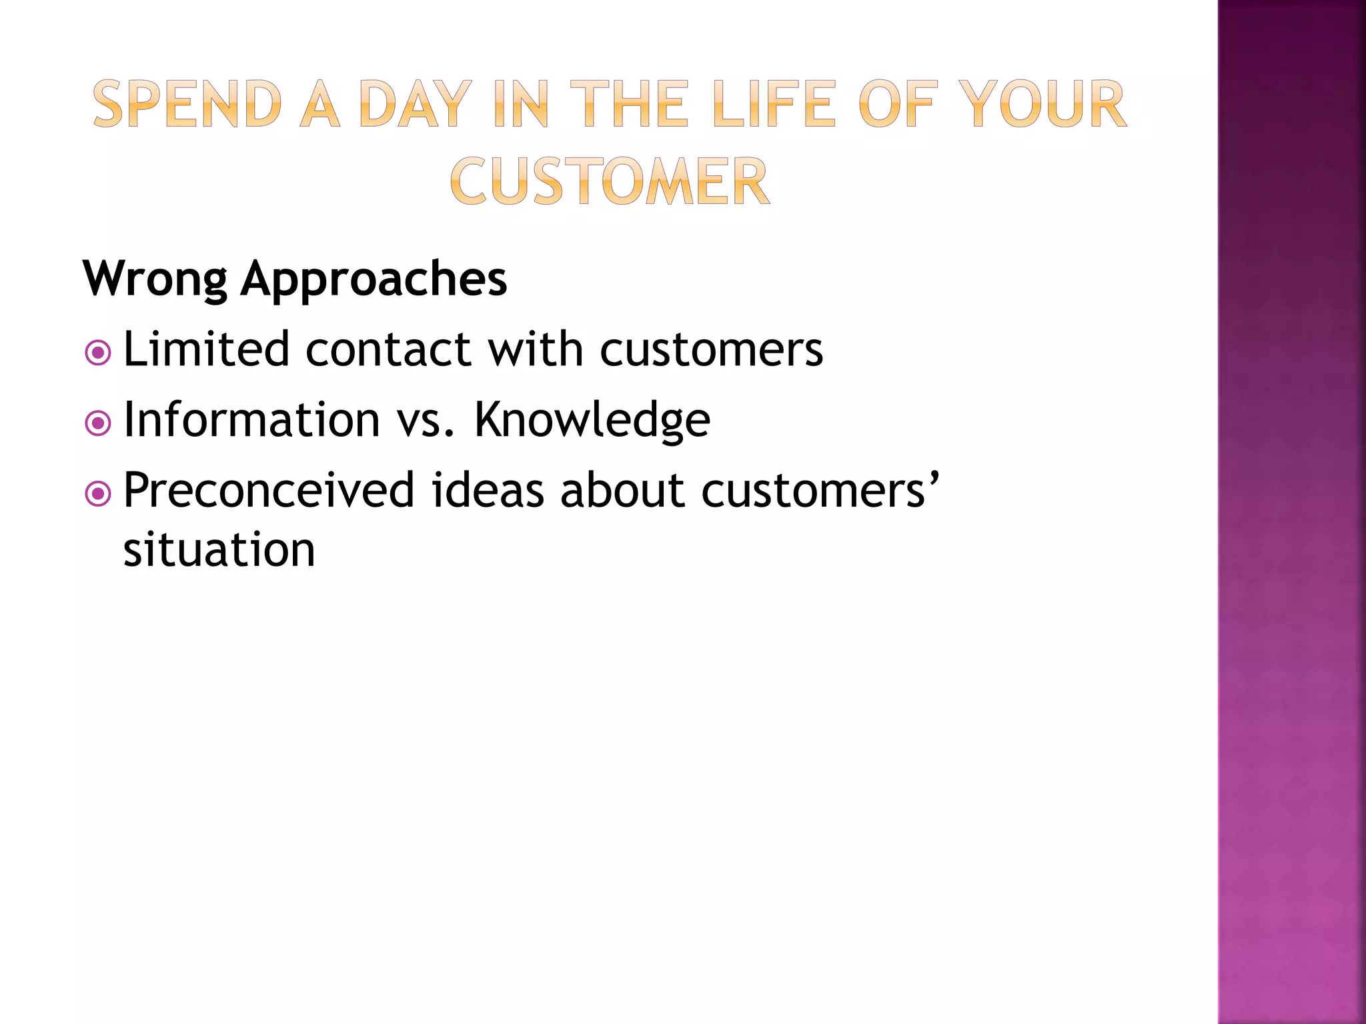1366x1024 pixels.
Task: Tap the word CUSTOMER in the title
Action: [610, 181]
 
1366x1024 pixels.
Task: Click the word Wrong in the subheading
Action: [155, 279]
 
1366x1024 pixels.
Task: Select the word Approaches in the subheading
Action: [374, 279]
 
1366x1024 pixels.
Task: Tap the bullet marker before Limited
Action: [98, 353]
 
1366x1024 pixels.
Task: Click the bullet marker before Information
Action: [98, 423]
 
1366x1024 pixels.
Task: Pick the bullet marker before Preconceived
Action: [98, 494]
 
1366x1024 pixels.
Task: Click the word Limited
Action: [206, 349]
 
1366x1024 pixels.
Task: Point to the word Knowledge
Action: [592, 420]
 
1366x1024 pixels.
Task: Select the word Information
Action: [251, 420]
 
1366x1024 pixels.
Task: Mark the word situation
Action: [219, 550]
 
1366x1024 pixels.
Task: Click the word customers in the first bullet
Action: [711, 350]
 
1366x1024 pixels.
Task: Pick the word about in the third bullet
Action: [622, 490]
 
